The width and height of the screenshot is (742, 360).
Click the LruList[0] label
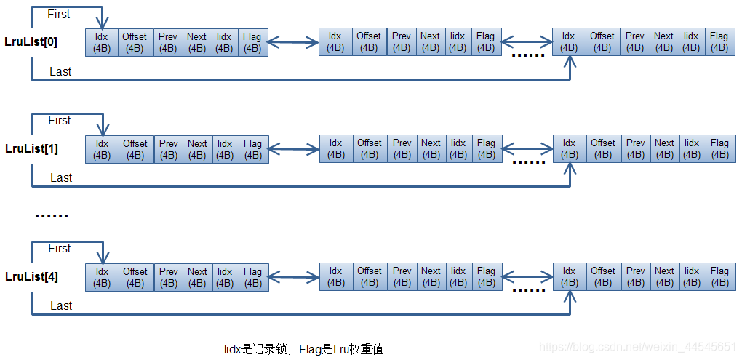pos(31,41)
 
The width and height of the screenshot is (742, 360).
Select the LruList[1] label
pos(32,148)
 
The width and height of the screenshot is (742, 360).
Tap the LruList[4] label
pos(32,277)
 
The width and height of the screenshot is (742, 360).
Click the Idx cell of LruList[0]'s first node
pos(102,43)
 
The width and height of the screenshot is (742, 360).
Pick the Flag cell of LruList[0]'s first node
pos(252,43)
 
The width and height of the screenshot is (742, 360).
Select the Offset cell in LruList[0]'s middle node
pos(369,42)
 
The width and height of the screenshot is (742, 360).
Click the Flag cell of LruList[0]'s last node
pos(719,41)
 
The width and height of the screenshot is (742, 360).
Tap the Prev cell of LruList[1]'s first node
pos(168,150)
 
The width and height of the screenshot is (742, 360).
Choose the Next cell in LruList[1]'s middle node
pos(431,149)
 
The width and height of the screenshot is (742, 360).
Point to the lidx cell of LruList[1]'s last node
pos(692,149)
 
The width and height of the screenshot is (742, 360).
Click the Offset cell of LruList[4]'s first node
pos(136,278)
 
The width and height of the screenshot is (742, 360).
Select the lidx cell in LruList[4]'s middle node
pos(458,277)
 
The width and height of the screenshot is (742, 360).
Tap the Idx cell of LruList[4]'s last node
pos(570,277)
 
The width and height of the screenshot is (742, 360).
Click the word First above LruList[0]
pos(59,15)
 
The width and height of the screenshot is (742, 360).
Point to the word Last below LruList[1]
pos(61,178)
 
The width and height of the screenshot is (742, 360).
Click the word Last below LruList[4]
pos(61,306)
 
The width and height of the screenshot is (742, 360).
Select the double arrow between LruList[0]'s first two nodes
pos(293,43)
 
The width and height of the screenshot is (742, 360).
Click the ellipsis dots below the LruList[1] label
pos(52,216)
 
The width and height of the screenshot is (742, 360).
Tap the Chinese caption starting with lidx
pos(303,349)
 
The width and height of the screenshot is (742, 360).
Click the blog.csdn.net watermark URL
pos(637,347)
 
